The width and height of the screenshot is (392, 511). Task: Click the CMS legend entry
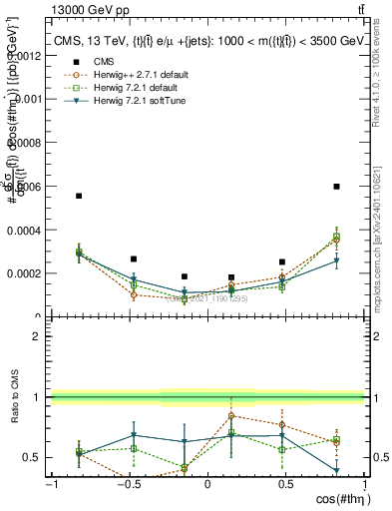pos(98,62)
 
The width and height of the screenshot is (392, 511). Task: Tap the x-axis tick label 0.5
pos(284,485)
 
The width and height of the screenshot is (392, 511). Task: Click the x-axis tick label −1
pos(51,485)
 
